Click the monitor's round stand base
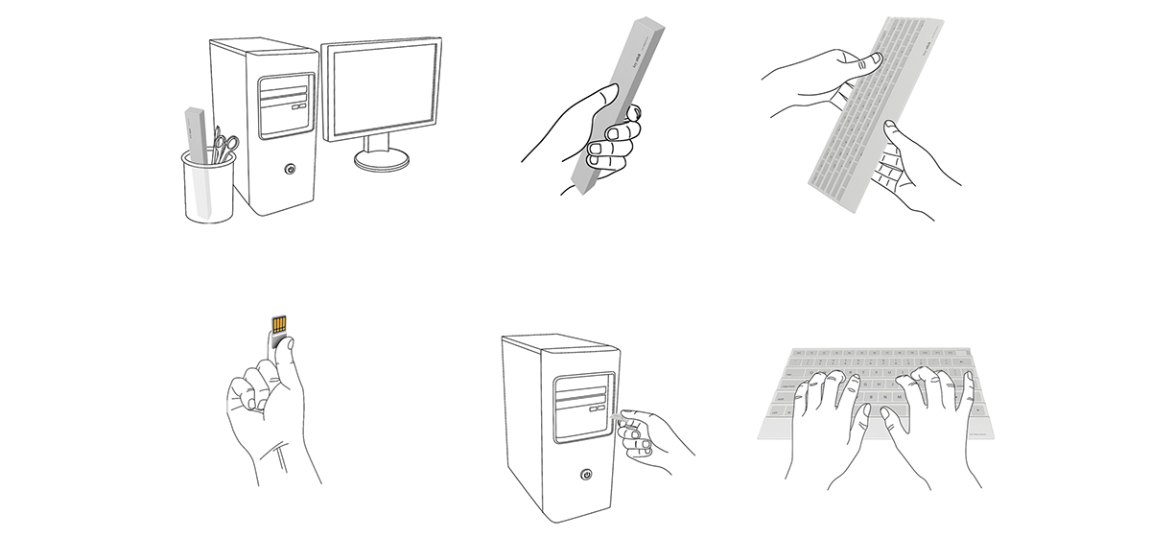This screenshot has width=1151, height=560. [381, 160]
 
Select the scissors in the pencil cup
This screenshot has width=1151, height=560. [223, 147]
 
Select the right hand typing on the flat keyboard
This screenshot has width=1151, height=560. [926, 403]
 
